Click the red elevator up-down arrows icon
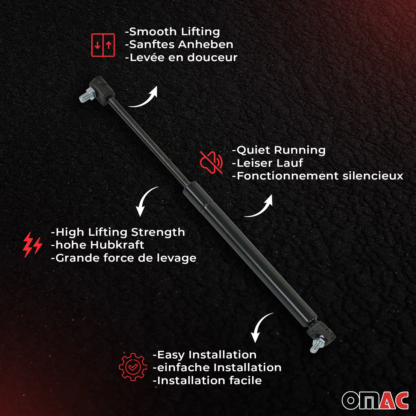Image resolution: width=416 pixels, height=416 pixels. coord(103,45)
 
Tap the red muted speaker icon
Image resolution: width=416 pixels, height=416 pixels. coord(211,162)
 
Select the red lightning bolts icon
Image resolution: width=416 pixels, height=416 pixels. coord(32,245)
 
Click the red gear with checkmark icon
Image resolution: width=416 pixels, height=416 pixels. coord(133,367)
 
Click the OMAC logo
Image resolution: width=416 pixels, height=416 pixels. coord(375,400)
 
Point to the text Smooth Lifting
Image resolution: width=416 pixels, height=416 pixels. coord(174,32)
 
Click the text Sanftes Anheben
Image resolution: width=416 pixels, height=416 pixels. coord(181,44)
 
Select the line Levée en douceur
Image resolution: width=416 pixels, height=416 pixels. coord(183,57)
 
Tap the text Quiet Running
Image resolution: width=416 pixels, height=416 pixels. coord(281,150)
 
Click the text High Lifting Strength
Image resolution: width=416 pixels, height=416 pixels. coord(120,232)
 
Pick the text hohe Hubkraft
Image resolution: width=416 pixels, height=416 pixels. coord(100,245)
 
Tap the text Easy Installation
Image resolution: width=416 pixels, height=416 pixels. coord(207,355)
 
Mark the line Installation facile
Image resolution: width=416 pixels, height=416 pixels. coord(209,380)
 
